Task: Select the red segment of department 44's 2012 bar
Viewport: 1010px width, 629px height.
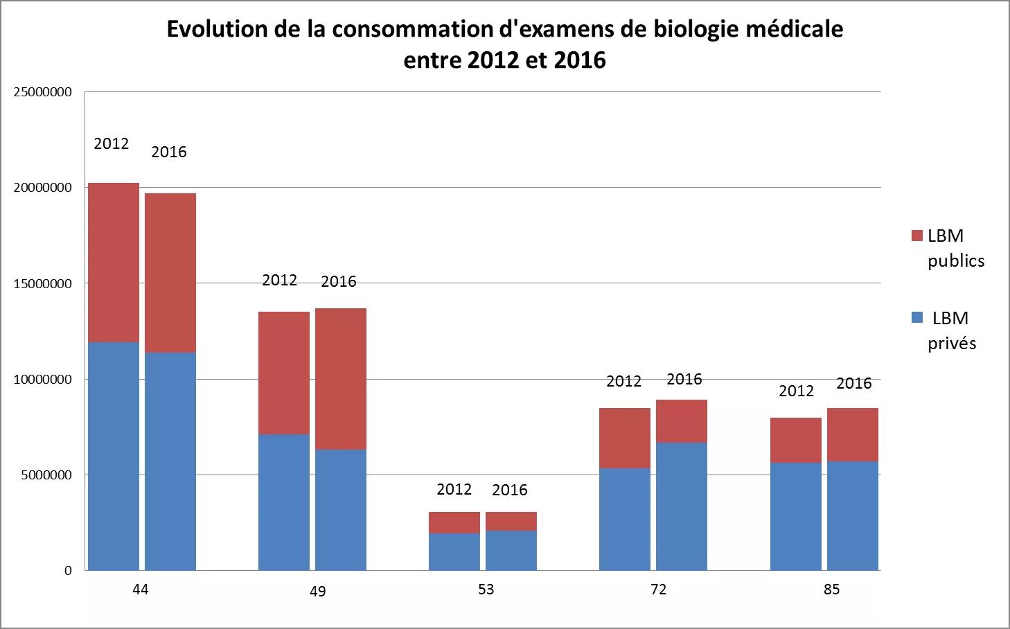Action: pyautogui.click(x=114, y=263)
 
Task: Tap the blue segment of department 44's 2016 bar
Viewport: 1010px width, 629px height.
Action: pyautogui.click(x=170, y=461)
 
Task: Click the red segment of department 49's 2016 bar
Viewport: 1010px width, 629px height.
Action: pyautogui.click(x=341, y=379)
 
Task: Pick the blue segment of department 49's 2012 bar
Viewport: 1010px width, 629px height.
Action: pyautogui.click(x=284, y=502)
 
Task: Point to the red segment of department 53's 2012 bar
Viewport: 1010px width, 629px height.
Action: pyautogui.click(x=454, y=522)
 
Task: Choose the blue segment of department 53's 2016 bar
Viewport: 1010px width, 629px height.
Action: pyautogui.click(x=511, y=550)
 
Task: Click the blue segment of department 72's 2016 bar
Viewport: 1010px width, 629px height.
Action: pyautogui.click(x=682, y=506)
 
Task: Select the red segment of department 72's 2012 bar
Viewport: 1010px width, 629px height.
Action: pyautogui.click(x=625, y=438)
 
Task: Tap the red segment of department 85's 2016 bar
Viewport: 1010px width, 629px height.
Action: pyautogui.click(x=853, y=434)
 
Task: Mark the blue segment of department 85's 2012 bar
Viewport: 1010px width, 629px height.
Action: pyautogui.click(x=796, y=516)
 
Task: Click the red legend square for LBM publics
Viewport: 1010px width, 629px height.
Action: pyautogui.click(x=917, y=236)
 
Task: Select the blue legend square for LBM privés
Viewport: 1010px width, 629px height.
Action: pyautogui.click(x=917, y=318)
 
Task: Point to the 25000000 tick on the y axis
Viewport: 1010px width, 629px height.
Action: pyautogui.click(x=43, y=92)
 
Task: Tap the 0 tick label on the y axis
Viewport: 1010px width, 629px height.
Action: pyautogui.click(x=68, y=571)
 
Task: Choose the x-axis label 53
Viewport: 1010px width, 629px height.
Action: pyautogui.click(x=486, y=590)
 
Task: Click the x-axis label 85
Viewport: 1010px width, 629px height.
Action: pyautogui.click(x=831, y=590)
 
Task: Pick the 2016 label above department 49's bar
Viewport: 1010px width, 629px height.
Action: pyautogui.click(x=339, y=281)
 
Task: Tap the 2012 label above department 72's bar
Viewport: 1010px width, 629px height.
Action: pyautogui.click(x=624, y=381)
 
